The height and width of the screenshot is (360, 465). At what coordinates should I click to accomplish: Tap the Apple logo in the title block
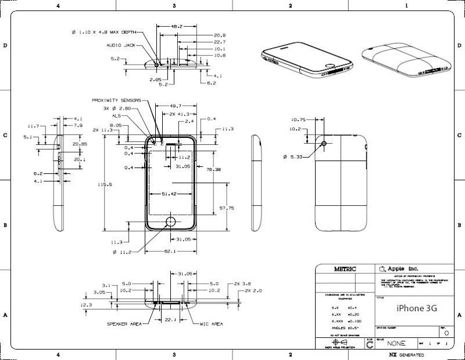382,269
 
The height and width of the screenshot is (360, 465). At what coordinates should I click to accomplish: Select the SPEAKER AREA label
125,323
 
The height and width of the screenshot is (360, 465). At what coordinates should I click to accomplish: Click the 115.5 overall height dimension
104,184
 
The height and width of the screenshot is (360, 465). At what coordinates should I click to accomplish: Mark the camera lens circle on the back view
324,142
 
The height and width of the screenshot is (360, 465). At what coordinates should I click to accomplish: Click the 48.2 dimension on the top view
177,27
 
